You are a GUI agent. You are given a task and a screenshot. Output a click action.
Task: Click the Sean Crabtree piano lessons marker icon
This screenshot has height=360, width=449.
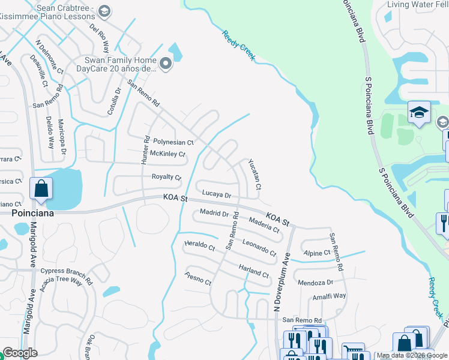tap(104, 11)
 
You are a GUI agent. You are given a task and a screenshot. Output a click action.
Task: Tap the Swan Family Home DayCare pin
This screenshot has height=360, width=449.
tap(164, 62)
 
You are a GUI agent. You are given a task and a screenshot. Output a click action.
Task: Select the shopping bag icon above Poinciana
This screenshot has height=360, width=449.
tap(41, 188)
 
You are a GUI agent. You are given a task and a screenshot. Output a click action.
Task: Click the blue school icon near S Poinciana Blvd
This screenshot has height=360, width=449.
tap(418, 112)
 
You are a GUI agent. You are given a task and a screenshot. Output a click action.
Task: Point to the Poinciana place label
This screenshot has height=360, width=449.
tap(33, 213)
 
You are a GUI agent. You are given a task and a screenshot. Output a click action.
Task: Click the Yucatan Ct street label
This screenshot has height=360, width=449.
tap(255, 175)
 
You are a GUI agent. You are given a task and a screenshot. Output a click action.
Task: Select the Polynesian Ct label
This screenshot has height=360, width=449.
tap(173, 142)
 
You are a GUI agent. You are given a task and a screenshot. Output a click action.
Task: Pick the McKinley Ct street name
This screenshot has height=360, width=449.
tap(167, 154)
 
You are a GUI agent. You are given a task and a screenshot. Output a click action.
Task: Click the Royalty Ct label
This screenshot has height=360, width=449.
tap(166, 177)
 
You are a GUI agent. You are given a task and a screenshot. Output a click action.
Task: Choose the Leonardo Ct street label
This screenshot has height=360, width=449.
tap(259, 247)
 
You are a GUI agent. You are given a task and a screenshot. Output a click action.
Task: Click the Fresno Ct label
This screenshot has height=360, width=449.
tap(198, 278)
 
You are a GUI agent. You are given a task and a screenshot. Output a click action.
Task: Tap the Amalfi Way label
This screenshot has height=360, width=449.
tap(329, 296)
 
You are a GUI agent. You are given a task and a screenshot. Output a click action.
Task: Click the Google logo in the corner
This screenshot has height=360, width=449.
tap(20, 352)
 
